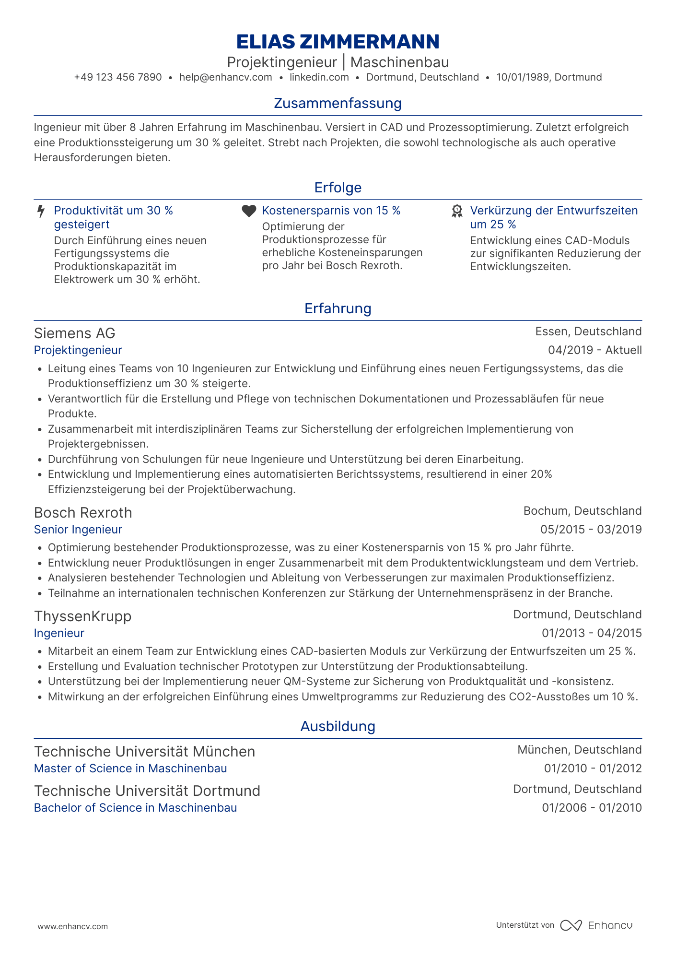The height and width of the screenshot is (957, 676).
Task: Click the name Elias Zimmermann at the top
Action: (338, 42)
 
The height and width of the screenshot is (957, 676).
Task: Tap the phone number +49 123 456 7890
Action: (118, 77)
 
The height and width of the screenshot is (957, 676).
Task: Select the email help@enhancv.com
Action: (225, 77)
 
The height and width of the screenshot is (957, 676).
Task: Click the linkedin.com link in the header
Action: (319, 77)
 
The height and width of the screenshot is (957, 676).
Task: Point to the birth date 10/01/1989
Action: (523, 77)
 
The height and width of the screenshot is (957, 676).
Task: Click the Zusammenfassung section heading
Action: (338, 103)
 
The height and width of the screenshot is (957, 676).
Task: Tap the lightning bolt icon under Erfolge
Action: (41, 212)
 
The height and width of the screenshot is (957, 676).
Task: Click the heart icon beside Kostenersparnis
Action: (249, 211)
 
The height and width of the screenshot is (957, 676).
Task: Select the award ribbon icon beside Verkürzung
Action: (457, 212)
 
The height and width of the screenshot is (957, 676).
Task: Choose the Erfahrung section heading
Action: (338, 308)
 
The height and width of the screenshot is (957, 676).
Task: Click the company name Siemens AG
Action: (75, 333)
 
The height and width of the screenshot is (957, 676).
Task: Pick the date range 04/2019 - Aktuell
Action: (594, 350)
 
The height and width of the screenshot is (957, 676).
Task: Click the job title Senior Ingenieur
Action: (78, 530)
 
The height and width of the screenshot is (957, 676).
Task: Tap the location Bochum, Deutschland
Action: (582, 511)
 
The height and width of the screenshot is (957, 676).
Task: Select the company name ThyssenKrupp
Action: (82, 616)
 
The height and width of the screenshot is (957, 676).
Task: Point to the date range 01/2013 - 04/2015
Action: (592, 633)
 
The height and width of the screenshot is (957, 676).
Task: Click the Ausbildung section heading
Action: (338, 726)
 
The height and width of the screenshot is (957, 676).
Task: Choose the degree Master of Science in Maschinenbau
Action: (130, 768)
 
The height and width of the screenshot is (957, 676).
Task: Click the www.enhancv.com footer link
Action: (73, 926)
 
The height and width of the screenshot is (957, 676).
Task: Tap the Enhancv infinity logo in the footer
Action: (571, 925)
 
